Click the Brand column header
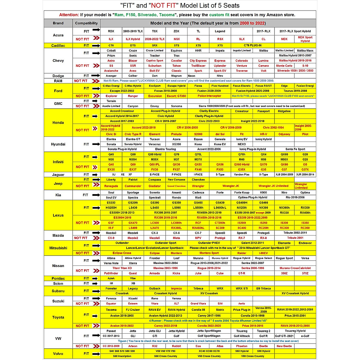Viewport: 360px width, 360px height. coord(58,23)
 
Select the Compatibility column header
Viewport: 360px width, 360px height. coord(86,23)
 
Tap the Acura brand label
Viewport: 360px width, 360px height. coord(58,35)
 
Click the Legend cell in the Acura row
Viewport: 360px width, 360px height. coord(220,31)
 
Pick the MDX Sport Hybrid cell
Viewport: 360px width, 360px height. coord(305,39)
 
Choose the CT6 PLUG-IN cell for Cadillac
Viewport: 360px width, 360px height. coord(253,46)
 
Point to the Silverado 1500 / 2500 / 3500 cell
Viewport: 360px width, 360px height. coord(295,71)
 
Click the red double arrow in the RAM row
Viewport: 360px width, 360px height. coord(96,81)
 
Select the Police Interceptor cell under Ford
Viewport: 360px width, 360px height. coord(209,96)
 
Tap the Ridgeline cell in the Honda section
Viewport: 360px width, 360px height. coord(284,111)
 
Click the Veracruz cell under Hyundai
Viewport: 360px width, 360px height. coord(155,144)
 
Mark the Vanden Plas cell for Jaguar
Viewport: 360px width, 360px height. coord(242,175)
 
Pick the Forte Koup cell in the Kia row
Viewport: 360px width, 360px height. coord(242,193)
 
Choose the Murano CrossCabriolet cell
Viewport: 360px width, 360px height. coord(295,268)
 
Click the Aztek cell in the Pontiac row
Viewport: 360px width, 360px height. coord(111,278)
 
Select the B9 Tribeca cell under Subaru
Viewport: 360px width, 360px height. coord(263,289)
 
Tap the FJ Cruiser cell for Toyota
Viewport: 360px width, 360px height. coord(133,310)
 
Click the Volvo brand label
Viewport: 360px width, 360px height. coord(58,354)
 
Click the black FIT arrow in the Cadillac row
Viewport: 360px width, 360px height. coord(96,46)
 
